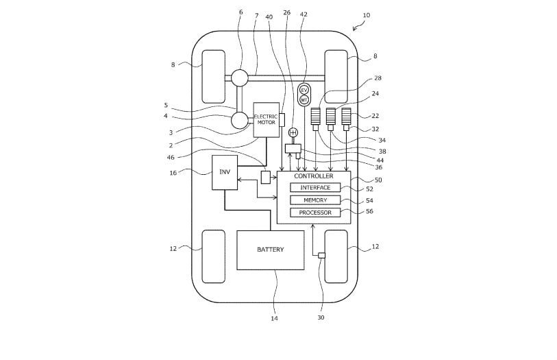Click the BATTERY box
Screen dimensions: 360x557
[270, 250]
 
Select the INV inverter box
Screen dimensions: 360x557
[224, 172]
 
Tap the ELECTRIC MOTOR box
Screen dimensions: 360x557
[266, 119]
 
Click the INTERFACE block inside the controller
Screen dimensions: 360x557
[315, 187]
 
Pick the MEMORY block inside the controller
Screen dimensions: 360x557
[315, 200]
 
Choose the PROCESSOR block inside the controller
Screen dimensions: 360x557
[315, 213]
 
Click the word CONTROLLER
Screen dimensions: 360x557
[313, 176]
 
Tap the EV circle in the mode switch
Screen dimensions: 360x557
[304, 91]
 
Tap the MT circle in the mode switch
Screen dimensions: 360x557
[304, 100]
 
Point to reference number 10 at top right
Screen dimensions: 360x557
[366, 15]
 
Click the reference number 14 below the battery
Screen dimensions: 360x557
[274, 318]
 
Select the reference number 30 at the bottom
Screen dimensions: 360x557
[321, 317]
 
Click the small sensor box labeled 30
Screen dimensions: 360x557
[321, 255]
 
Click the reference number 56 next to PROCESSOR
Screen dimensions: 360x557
[369, 212]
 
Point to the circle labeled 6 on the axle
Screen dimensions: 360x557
[239, 78]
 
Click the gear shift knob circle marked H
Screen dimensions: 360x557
[293, 132]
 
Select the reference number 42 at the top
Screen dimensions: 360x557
[304, 14]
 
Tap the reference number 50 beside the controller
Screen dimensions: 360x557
[377, 180]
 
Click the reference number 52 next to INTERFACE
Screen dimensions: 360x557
[369, 189]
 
